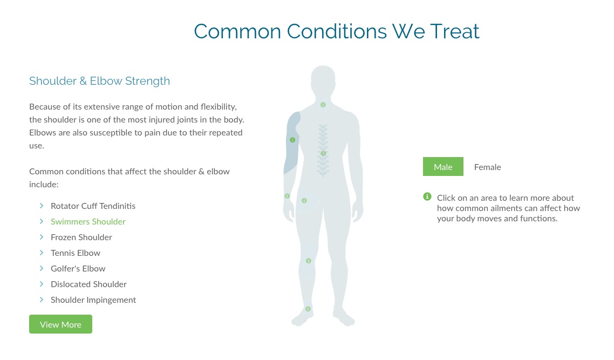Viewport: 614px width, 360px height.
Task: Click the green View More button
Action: pos(60,324)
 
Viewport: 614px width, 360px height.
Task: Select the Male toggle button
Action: pos(443,167)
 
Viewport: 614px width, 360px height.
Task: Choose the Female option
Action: pos(488,167)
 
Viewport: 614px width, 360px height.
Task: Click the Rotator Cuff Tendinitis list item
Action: pos(93,206)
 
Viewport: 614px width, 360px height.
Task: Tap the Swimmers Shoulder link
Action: pos(88,222)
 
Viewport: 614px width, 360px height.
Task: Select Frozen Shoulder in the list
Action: pos(81,237)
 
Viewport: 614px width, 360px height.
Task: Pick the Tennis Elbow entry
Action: pos(76,253)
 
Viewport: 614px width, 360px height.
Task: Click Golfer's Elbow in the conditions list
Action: pos(78,269)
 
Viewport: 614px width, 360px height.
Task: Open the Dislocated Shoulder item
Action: pos(88,284)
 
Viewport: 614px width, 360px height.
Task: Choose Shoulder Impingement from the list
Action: pos(93,300)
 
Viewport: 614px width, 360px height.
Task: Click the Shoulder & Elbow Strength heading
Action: pos(99,81)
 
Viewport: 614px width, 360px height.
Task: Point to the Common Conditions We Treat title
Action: pos(337,31)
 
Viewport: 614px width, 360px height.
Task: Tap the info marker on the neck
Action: pos(323,105)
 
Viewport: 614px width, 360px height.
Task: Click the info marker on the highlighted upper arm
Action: pos(292,140)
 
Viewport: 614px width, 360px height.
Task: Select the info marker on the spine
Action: pos(323,154)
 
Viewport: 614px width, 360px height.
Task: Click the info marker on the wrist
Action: pos(288,196)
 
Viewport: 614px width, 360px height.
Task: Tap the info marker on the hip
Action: pos(304,201)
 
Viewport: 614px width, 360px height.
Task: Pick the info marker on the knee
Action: pos(309,261)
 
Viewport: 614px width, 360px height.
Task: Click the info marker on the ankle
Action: pos(308,309)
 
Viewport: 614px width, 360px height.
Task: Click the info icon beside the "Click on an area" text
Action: pos(427,196)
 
